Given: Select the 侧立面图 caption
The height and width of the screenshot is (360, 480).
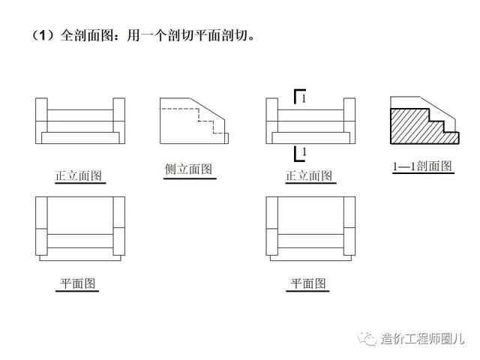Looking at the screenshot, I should point(188,169).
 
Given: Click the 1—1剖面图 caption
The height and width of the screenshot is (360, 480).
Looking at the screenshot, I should point(422,166).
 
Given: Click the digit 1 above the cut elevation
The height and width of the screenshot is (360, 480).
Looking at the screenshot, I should point(303,98).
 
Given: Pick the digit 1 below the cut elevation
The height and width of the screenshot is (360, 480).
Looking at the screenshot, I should point(303,153).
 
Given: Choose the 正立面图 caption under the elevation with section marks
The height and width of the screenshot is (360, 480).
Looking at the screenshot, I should point(309,176).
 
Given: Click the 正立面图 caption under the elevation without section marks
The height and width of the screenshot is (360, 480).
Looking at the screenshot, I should point(78,176).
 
